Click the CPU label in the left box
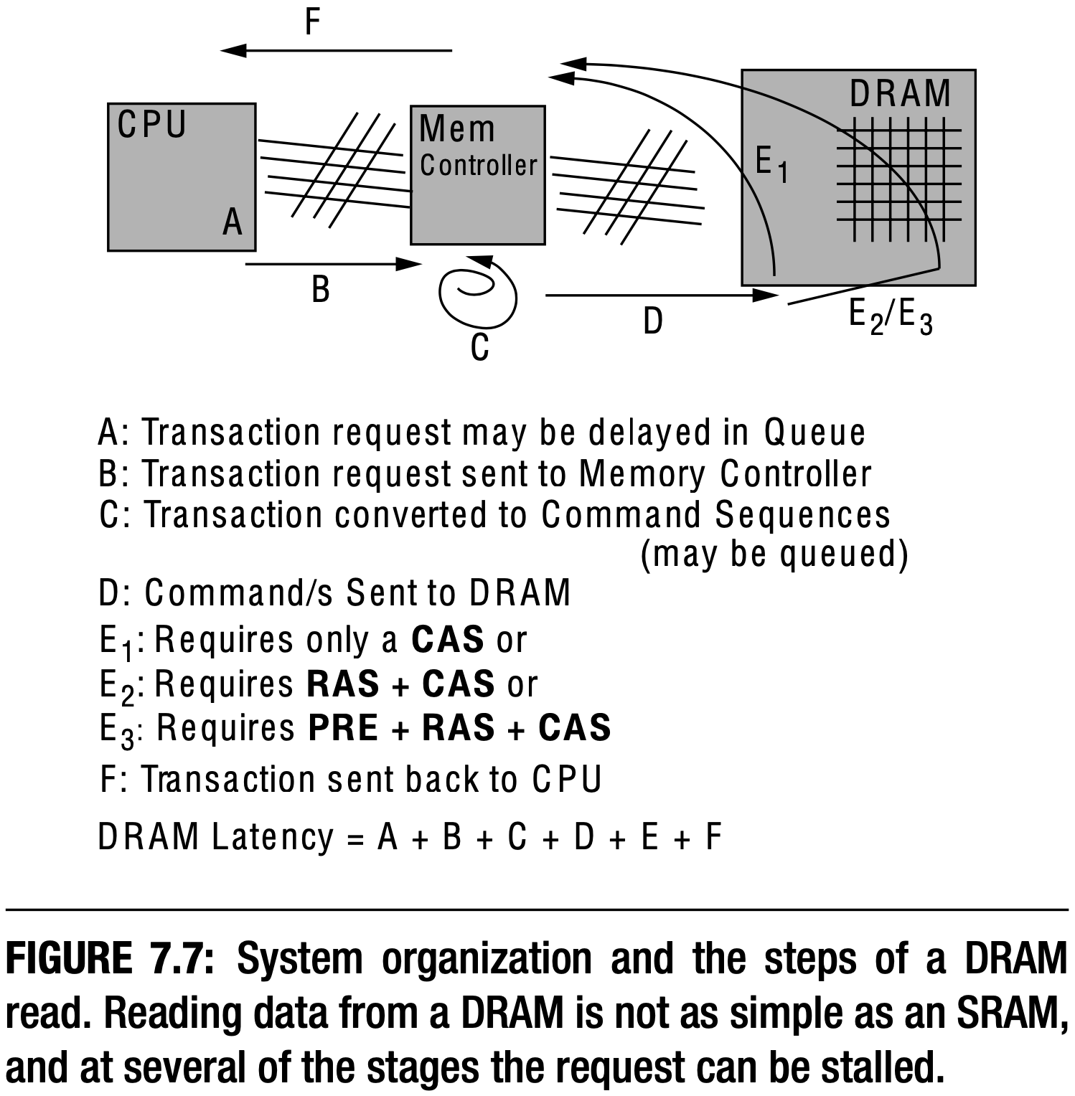pyautogui.click(x=151, y=125)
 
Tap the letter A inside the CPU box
pyautogui.click(x=232, y=222)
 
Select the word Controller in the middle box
pyautogui.click(x=478, y=166)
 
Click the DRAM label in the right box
pyautogui.click(x=900, y=94)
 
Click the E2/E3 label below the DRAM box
pyautogui.click(x=890, y=316)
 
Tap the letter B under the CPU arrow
pyautogui.click(x=320, y=290)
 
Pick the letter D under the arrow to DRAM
pyautogui.click(x=652, y=321)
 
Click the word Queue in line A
pyautogui.click(x=815, y=432)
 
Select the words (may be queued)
pyautogui.click(x=774, y=554)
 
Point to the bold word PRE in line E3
pyautogui.click(x=343, y=727)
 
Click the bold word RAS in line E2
pyautogui.click(x=342, y=684)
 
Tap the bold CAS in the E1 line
pyautogui.click(x=448, y=640)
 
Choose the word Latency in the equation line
pyautogui.click(x=273, y=836)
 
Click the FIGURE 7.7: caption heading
pyautogui.click(x=110, y=958)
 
